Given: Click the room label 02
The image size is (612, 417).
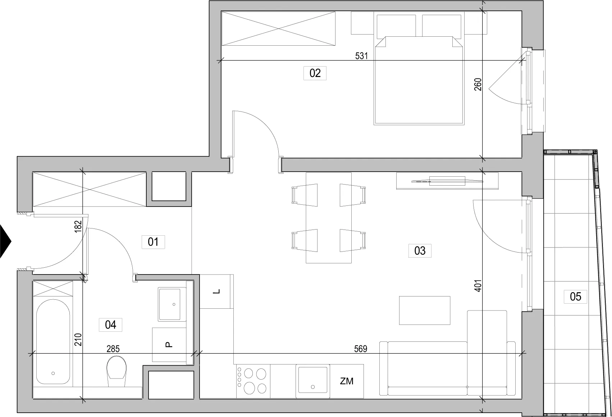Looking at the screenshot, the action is [315, 73].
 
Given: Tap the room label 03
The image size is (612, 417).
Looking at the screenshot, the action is [420, 251].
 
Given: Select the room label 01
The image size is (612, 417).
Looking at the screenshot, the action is [153, 242].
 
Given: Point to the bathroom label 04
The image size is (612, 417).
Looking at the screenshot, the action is [110, 325].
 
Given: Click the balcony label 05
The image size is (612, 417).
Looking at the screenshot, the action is [575, 297].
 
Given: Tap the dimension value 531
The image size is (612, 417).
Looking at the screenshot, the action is [361, 56].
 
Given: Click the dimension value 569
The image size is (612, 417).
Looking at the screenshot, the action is [361, 349].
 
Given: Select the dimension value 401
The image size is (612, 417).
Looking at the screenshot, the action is [478, 286].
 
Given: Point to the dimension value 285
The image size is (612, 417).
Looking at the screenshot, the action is [113, 349].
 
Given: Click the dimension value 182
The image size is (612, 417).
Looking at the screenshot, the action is [78, 227].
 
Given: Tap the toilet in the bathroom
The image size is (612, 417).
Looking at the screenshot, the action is [117, 371].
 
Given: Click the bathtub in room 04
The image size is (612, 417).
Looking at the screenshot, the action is [53, 342].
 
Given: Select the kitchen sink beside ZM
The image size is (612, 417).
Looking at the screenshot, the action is [312, 381].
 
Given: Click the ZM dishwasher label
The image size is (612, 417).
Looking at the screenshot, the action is [347, 381].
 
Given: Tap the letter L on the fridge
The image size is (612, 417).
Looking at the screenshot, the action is [216, 292].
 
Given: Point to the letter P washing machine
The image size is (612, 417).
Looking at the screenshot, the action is [169, 345].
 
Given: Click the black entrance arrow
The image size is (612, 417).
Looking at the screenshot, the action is [5, 241].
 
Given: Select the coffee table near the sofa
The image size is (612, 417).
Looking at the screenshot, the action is [425, 311].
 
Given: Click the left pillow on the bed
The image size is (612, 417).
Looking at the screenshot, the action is [396, 27].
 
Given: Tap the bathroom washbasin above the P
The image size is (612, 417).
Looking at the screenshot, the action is [172, 304].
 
